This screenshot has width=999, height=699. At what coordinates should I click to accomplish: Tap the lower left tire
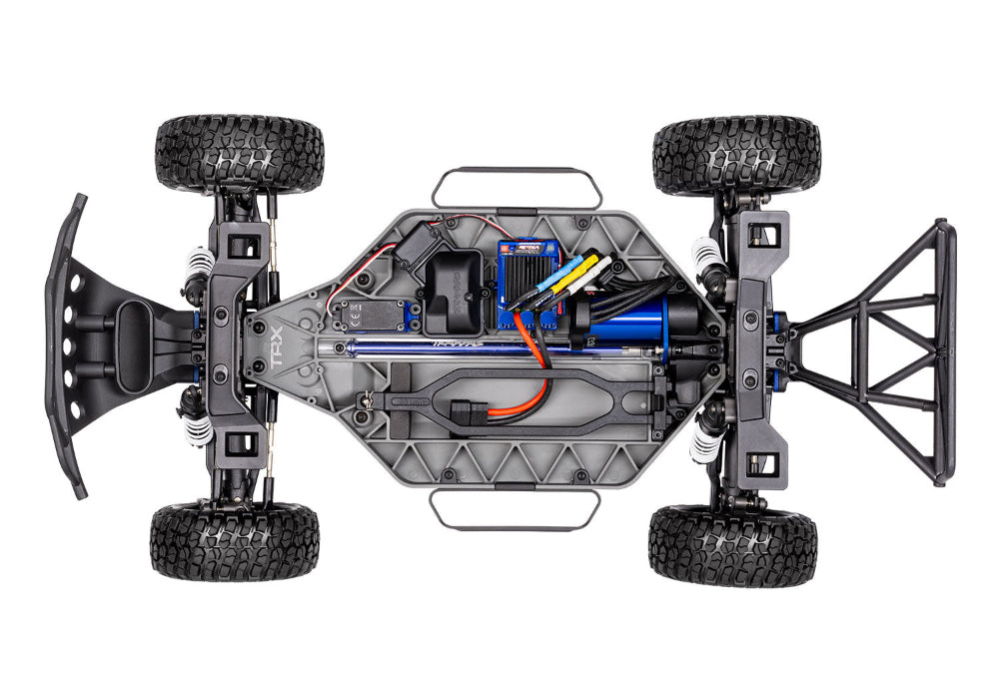pyautogui.click(x=235, y=540)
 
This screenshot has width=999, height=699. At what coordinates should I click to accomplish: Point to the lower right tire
pyautogui.click(x=732, y=543)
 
